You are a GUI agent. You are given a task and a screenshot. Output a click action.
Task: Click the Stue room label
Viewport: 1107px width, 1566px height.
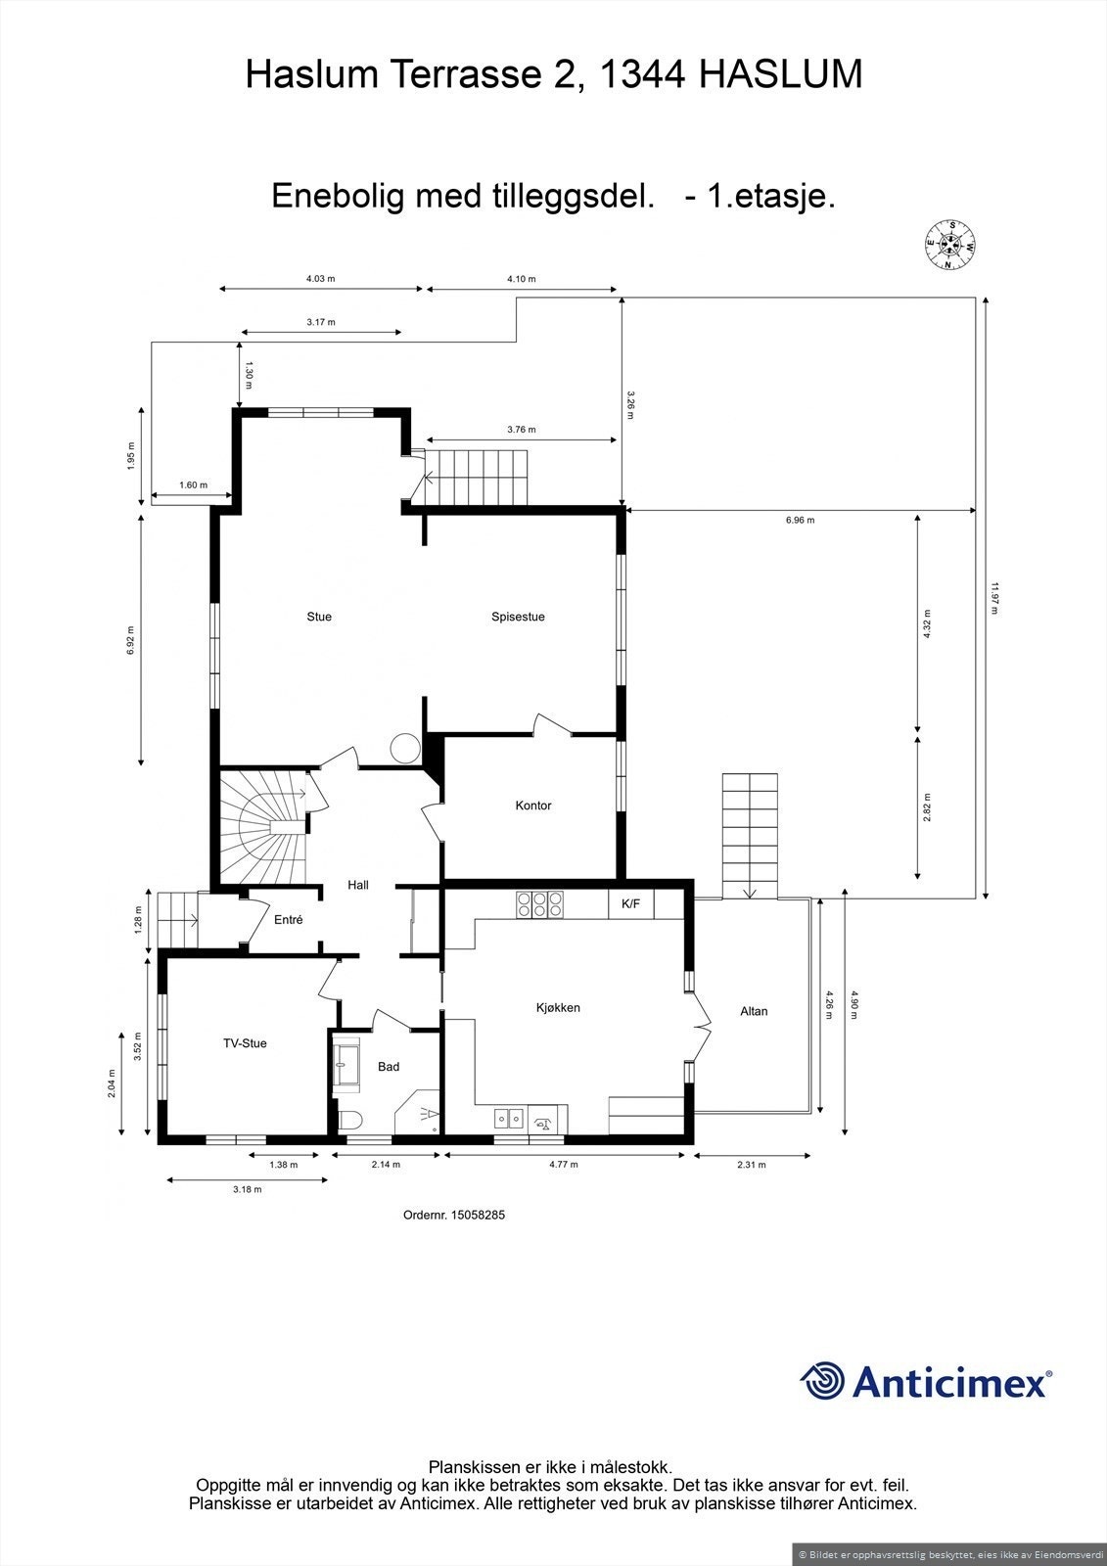click(319, 617)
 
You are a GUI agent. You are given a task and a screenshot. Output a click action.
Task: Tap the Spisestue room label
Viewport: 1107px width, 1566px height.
click(518, 617)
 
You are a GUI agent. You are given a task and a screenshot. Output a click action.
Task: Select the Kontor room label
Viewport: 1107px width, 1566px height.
click(533, 806)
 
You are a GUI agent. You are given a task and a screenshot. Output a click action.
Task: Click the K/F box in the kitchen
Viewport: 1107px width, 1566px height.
click(631, 904)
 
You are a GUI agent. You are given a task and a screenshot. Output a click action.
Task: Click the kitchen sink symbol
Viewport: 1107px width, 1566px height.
click(509, 1117)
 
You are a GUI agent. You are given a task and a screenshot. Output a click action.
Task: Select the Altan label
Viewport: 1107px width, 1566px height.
click(754, 1011)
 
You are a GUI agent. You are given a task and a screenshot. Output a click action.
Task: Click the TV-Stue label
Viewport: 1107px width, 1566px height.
click(245, 1043)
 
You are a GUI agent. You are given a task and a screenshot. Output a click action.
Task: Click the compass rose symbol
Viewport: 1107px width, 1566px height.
click(949, 243)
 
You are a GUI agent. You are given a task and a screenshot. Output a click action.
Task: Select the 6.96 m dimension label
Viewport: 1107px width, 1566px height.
click(800, 521)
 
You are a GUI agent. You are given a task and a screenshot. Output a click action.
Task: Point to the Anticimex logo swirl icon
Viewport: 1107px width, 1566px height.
click(822, 1381)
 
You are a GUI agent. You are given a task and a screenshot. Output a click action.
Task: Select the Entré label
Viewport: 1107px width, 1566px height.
click(288, 920)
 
